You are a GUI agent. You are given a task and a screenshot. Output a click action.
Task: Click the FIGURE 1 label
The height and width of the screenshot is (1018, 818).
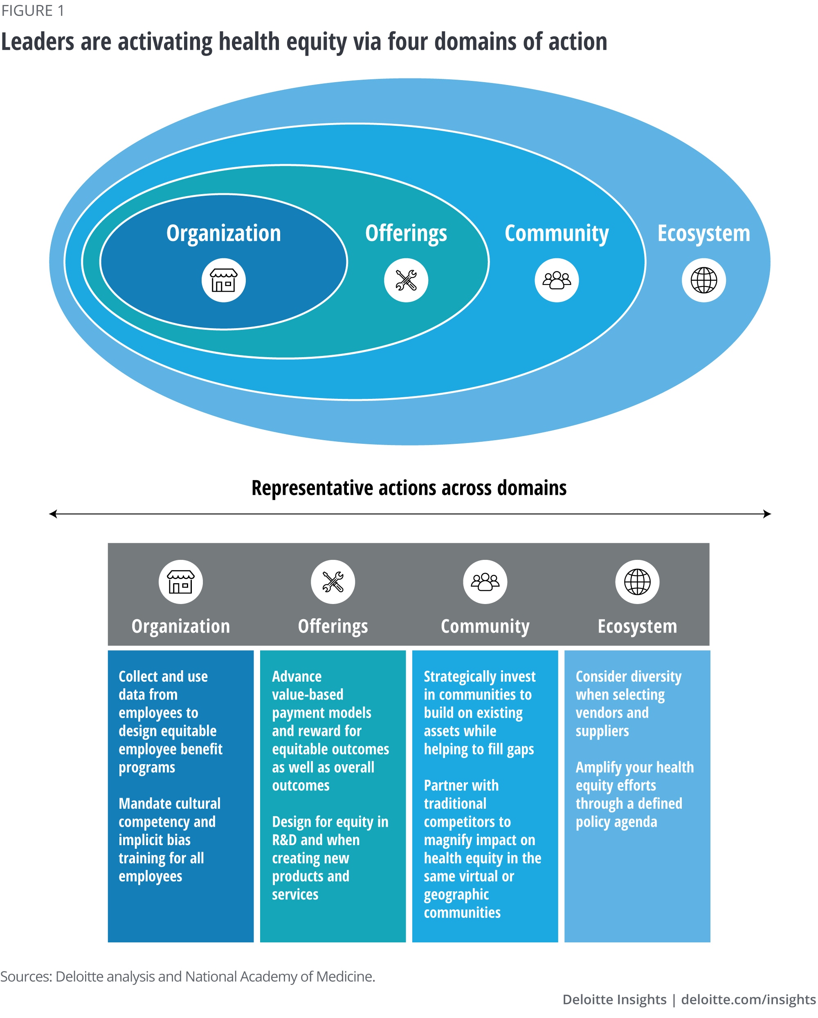[x=33, y=10]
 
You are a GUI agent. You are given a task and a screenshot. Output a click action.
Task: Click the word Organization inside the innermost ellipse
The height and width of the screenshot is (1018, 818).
[x=224, y=234]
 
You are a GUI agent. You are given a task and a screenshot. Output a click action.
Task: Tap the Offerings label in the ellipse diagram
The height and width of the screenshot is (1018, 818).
[x=406, y=234]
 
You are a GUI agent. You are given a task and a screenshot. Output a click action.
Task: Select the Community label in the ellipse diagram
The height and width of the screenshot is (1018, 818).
[x=556, y=234]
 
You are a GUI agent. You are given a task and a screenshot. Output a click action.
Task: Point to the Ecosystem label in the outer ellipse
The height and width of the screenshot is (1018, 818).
[x=703, y=234]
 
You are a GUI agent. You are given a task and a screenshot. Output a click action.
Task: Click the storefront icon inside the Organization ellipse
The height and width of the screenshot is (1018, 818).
[x=224, y=280]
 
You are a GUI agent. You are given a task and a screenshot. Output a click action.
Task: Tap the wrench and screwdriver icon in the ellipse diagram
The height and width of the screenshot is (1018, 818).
[x=406, y=280]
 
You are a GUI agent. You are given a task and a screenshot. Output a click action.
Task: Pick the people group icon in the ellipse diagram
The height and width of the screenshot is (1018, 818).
[x=556, y=280]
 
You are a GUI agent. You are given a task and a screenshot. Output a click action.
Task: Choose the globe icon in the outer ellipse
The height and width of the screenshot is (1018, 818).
[x=703, y=280]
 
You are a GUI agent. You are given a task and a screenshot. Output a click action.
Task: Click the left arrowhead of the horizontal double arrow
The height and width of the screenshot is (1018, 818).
[x=53, y=514]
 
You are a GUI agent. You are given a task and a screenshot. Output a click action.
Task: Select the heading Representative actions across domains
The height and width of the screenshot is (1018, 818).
[x=409, y=488]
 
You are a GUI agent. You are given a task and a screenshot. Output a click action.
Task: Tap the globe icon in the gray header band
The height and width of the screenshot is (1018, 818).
[x=636, y=582]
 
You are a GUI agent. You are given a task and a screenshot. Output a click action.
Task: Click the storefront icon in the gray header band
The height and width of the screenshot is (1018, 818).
[x=180, y=582]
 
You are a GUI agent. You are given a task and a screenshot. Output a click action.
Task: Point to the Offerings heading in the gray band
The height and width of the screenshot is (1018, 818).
[x=333, y=626]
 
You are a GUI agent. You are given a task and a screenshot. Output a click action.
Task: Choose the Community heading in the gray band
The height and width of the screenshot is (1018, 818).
[x=485, y=626]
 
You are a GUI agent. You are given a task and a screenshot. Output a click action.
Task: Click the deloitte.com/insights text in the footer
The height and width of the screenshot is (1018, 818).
[x=748, y=999]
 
